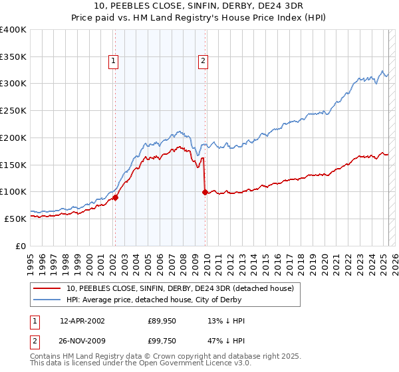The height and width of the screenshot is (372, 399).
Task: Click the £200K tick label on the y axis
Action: pyautogui.click(x=13, y=138)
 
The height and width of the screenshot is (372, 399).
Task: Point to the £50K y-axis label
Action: pyautogui.click(x=15, y=219)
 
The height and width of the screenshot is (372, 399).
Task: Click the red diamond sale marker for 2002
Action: pyautogui.click(x=115, y=197)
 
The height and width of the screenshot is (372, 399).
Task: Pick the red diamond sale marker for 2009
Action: pyautogui.click(x=205, y=192)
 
